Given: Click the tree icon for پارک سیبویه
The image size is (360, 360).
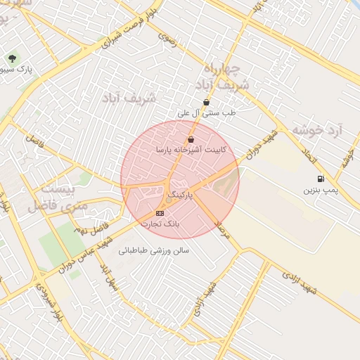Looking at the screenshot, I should [x=12, y=58].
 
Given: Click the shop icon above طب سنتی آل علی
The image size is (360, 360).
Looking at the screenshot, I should [x=205, y=102].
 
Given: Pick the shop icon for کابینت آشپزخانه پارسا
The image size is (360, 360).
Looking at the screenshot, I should [x=191, y=139].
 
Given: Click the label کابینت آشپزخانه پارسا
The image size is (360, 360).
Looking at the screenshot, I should [x=191, y=150].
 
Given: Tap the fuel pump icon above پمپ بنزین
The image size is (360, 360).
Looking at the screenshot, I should [x=321, y=179].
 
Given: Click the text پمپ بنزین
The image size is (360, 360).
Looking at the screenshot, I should [x=321, y=190].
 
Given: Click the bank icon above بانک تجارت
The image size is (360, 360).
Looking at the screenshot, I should [x=160, y=213].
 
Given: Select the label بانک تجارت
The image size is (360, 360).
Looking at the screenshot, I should [x=160, y=224].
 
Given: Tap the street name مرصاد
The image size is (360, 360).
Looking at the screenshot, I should [x=222, y=229].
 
